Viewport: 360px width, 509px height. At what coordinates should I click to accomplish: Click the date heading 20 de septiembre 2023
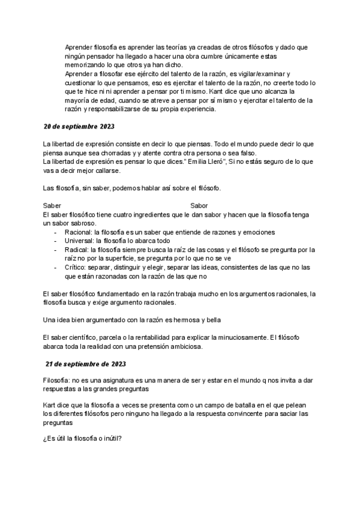(79, 127)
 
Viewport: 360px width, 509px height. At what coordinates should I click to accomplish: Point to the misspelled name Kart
(52, 405)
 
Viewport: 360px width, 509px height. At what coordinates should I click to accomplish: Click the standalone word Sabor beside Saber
(199, 205)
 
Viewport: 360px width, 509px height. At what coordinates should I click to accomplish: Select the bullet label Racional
(76, 232)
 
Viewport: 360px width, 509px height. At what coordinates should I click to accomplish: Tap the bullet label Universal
(78, 241)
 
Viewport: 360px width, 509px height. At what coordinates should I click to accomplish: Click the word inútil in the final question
(112, 438)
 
